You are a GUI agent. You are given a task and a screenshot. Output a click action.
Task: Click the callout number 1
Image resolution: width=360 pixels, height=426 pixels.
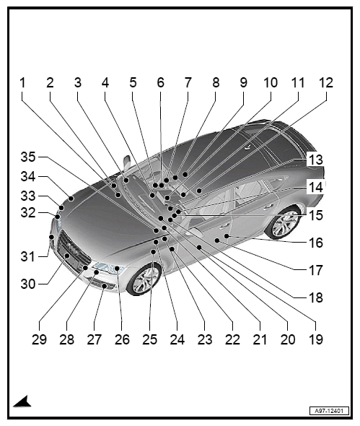tap(22, 82)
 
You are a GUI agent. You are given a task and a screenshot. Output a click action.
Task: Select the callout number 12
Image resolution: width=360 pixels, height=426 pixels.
tap(326, 82)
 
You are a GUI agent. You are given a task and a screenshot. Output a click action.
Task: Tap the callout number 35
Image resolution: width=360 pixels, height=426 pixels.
tap(28, 157)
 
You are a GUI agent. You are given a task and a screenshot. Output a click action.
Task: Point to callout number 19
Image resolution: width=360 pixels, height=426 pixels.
tap(316, 339)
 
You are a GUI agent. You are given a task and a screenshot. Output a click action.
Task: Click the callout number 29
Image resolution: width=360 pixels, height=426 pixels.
tap(40, 339)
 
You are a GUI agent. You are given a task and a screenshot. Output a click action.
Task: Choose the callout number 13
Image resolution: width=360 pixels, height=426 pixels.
tap(316, 160)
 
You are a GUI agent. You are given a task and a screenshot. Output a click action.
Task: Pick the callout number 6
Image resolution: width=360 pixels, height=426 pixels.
tap(161, 82)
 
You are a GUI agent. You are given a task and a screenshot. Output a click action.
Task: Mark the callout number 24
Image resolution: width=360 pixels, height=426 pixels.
tap(177, 339)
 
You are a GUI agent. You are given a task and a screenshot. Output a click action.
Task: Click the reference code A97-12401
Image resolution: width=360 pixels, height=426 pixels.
tap(329, 411)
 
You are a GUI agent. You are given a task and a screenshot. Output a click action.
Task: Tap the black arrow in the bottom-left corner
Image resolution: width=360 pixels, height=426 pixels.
tap(23, 402)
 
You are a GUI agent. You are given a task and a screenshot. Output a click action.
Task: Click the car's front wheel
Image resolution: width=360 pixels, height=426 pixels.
tap(144, 279)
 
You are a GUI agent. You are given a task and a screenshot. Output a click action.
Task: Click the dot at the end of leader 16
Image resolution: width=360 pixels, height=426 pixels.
tap(227, 236)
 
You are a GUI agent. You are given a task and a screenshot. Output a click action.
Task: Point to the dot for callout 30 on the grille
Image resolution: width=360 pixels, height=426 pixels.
tap(67, 256)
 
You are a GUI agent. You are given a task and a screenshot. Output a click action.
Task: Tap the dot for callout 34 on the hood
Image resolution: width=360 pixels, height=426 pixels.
tap(71, 199)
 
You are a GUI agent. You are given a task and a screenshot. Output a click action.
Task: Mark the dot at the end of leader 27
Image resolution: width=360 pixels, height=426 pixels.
tap(105, 286)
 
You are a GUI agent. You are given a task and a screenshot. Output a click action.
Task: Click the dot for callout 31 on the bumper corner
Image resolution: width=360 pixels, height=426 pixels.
tap(52, 237)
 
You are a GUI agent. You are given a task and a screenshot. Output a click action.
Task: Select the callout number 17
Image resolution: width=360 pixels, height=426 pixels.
tap(316, 270)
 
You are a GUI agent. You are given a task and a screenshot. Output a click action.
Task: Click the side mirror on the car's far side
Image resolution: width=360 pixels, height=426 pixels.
tap(127, 162)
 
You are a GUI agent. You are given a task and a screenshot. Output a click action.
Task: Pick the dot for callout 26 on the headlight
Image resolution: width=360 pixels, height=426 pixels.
tap(117, 269)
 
